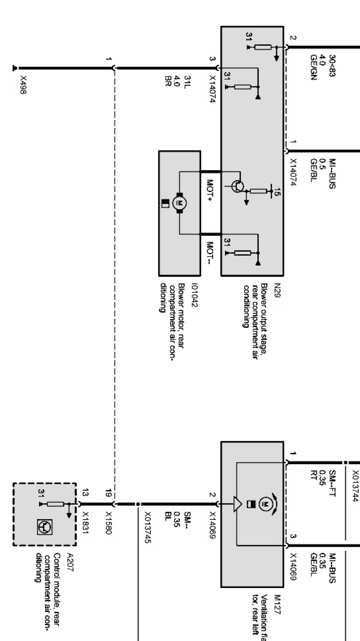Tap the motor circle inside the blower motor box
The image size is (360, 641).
click(179, 203)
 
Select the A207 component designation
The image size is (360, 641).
click(70, 558)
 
